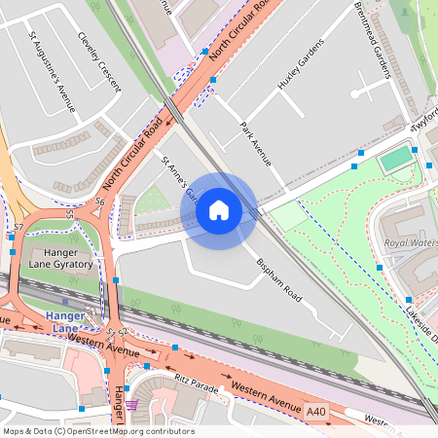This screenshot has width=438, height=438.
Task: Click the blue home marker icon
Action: (x=219, y=210)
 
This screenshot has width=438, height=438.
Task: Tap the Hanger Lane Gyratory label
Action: (x=59, y=258)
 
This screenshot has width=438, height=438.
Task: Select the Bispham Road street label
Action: (x=280, y=279)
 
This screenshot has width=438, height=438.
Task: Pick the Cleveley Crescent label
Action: (x=99, y=61)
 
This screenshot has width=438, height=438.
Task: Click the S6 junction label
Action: (x=100, y=201)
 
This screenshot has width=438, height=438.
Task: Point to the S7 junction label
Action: (x=18, y=227)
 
